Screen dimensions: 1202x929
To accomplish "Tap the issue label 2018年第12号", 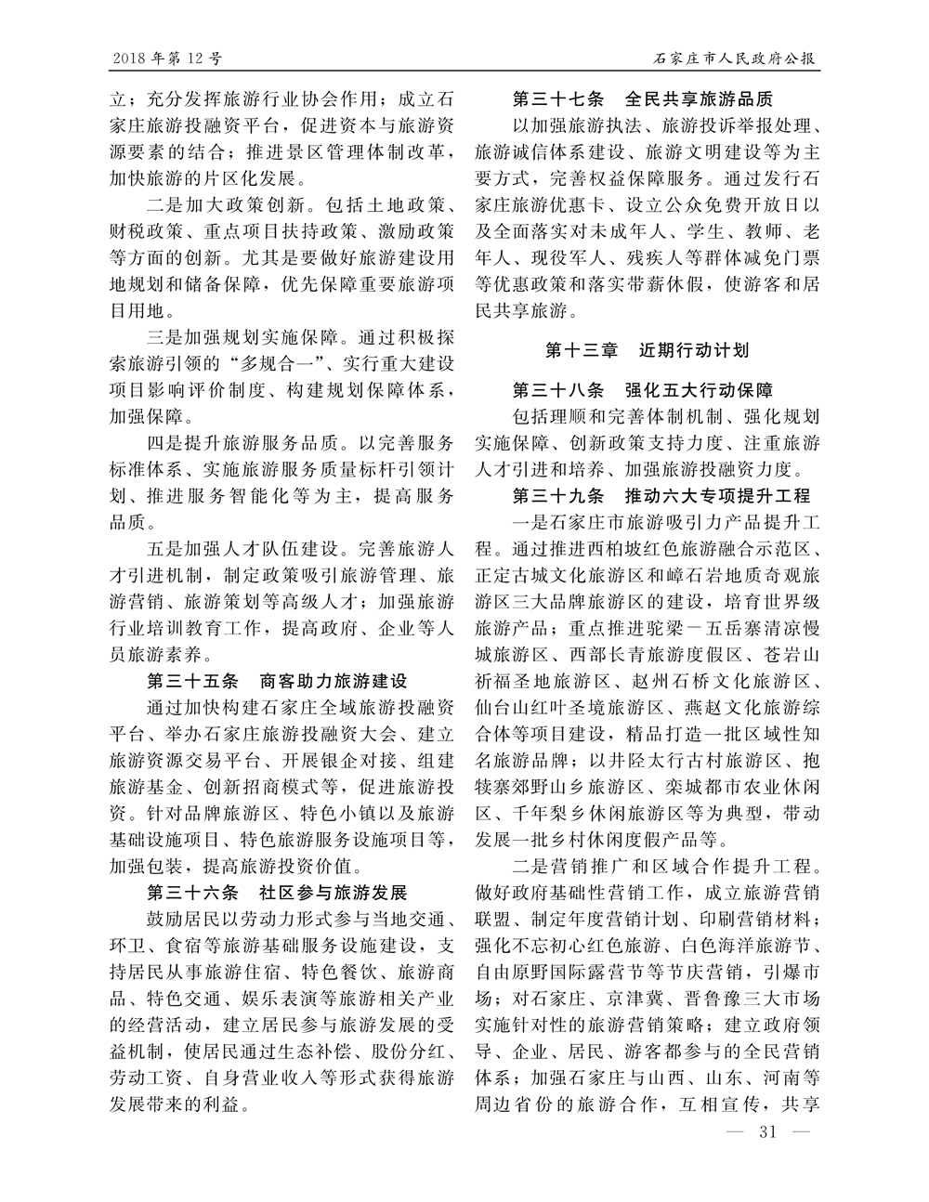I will (x=166, y=59).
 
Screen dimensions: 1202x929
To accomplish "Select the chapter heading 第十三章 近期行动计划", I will (x=647, y=351).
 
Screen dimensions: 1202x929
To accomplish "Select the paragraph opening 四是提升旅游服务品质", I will (x=240, y=441).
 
